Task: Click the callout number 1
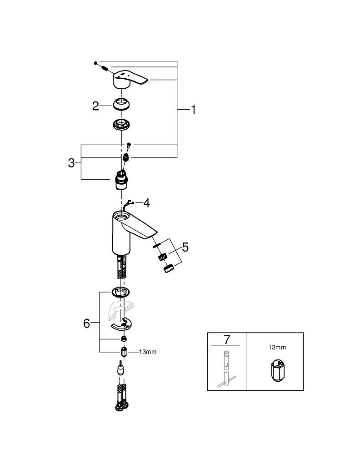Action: coord(193,110)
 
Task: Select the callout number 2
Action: coord(95,106)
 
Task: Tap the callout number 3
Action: coord(71,163)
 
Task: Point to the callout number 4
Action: coord(146,202)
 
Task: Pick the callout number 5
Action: coord(185,247)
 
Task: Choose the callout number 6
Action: coord(87,324)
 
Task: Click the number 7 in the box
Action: coord(227,340)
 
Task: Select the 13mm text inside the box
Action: coord(277,348)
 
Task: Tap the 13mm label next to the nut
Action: coord(147,352)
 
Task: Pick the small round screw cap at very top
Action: coord(96,62)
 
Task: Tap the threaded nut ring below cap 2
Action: coord(122,124)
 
